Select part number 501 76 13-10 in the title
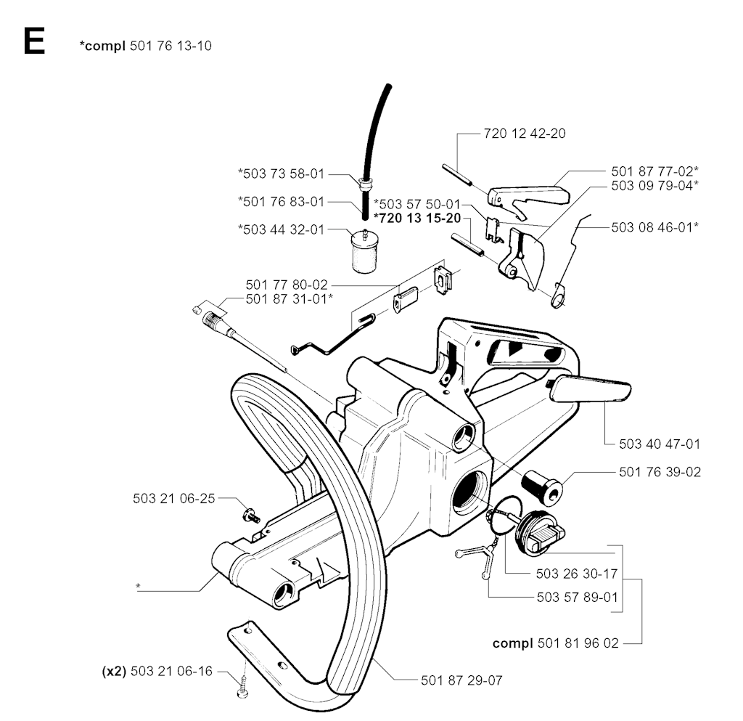tap(171, 46)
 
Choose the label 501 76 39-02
tap(660, 472)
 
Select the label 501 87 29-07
tap(461, 680)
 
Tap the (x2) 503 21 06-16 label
tap(157, 671)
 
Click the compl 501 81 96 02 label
tap(556, 643)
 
